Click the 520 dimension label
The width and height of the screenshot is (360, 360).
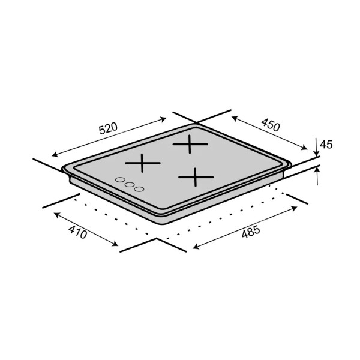108,128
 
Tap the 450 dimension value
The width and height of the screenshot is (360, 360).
271,125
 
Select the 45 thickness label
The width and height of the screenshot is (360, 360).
326,145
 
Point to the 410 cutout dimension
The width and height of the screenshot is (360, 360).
78,232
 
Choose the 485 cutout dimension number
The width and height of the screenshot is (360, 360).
251,232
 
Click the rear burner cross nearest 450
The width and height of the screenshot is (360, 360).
190,144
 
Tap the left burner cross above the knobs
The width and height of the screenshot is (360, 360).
143,163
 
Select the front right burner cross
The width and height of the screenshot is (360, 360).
196,177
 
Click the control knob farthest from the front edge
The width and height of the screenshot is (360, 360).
120,179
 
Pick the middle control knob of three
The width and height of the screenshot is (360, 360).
130,184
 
